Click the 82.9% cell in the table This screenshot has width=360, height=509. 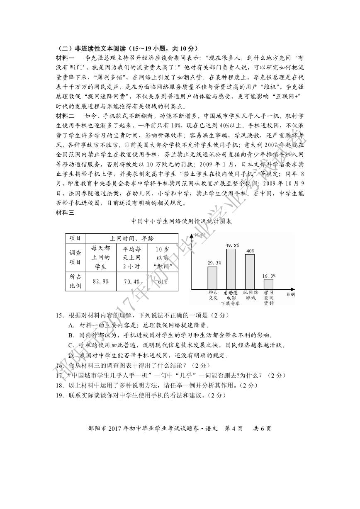click(x=101, y=281)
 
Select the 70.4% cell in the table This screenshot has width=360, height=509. click(x=131, y=281)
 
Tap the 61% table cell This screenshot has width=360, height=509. click(x=163, y=281)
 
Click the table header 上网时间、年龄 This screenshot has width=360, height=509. click(x=131, y=238)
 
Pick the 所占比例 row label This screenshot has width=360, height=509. click(x=75, y=281)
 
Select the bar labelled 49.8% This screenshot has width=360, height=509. click(x=231, y=269)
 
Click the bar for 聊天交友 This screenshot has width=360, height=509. click(x=212, y=277)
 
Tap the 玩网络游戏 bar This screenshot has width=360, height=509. click(x=250, y=271)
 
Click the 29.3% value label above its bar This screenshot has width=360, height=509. click(x=214, y=262)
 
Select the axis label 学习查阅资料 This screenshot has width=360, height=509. click(x=269, y=297)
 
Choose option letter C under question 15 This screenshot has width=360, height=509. click(x=71, y=345)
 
